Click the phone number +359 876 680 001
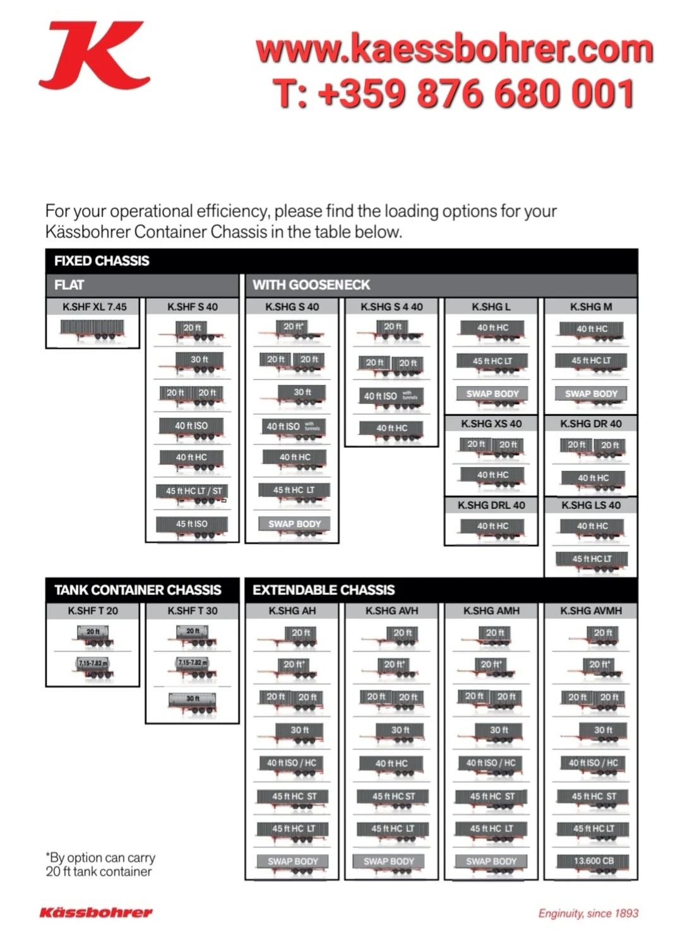pos(454,94)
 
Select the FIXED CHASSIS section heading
pos(102,261)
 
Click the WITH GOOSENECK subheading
pos(311,285)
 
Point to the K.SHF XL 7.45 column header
pos(94,307)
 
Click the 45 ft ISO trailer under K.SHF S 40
pos(192,525)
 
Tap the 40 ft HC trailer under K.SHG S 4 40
pos(392,429)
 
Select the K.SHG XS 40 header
pos(491,424)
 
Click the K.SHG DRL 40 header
pos(491,505)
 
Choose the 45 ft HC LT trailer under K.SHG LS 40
pos(592,559)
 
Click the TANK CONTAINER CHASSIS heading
pos(138,590)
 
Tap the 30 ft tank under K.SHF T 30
pos(193,700)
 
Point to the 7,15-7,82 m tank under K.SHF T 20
pos(93,665)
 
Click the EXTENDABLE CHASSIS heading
pos(323,590)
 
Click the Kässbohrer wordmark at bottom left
pos(96,912)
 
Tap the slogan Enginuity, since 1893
pos(588,913)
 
